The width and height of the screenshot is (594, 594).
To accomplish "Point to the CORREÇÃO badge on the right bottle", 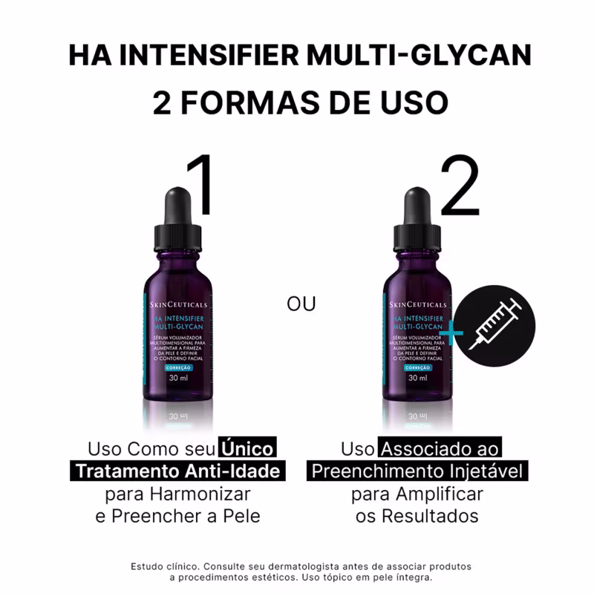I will [x=417, y=367].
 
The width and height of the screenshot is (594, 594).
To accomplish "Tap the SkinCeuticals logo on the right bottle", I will [x=417, y=305].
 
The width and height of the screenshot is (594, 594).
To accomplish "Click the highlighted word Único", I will [x=247, y=449].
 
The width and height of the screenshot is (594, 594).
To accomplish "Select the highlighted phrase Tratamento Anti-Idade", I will [x=178, y=471].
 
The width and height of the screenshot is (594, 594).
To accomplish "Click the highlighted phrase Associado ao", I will [x=440, y=449].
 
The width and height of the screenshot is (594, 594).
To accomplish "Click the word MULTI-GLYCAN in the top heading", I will [x=422, y=56].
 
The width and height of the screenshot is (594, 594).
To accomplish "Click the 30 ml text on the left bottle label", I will [x=177, y=378].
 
